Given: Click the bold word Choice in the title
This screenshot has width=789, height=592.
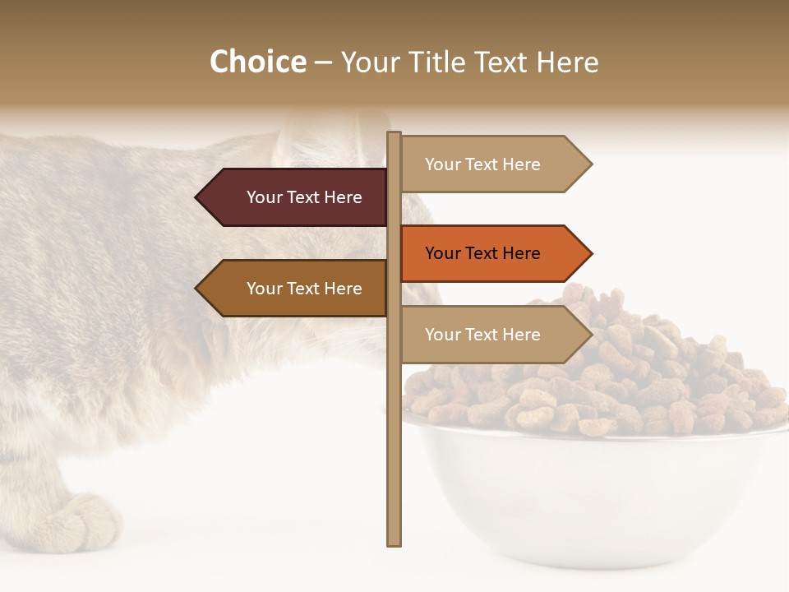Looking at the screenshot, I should [257, 62].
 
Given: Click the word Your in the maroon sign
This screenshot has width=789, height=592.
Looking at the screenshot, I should [265, 197].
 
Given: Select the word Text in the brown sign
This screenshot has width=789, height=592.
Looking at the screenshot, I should [304, 289].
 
